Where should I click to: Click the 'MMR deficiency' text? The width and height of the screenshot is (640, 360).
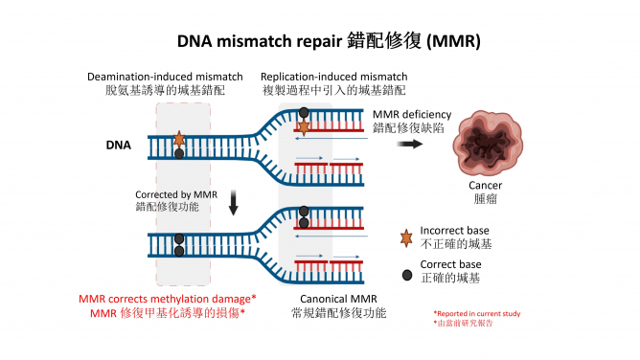(x=410, y=113)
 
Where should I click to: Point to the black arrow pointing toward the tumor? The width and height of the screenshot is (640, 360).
(x=412, y=144)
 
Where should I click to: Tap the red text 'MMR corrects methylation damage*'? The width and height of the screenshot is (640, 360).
(x=160, y=299)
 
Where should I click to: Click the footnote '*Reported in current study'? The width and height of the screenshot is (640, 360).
(x=476, y=312)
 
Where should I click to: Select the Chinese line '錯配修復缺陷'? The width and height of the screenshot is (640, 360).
(x=407, y=125)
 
